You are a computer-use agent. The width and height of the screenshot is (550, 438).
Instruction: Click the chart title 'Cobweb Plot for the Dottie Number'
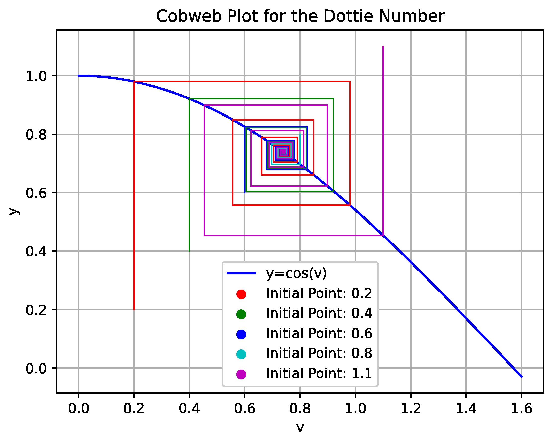click(x=300, y=16)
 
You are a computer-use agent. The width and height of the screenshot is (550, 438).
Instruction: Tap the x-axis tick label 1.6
click(x=521, y=409)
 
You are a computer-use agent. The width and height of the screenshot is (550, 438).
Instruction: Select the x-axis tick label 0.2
click(x=134, y=409)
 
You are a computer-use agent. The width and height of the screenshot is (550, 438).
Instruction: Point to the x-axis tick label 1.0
click(x=355, y=409)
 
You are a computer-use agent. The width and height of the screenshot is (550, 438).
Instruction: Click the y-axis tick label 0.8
click(x=36, y=135)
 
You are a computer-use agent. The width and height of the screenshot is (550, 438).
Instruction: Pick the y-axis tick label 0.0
click(x=36, y=369)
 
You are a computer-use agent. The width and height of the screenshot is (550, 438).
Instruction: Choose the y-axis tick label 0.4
click(x=36, y=252)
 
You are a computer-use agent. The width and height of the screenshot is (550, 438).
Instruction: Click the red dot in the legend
click(x=241, y=294)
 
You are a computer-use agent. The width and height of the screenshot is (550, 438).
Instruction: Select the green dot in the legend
click(x=241, y=314)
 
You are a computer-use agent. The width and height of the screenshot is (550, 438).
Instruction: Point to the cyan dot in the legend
click(x=241, y=354)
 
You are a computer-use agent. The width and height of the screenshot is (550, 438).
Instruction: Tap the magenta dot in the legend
click(x=241, y=374)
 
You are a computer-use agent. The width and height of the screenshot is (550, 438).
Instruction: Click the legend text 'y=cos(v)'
click(x=296, y=273)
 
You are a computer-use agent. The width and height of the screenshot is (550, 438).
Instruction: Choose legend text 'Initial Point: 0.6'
click(x=319, y=334)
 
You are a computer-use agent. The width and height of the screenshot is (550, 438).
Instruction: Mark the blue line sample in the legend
click(x=241, y=273)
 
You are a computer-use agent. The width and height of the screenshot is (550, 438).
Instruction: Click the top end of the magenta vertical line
click(x=383, y=47)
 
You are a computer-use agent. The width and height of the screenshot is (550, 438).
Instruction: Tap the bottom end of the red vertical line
click(x=134, y=309)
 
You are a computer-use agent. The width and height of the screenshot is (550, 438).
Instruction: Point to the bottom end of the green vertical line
click(x=189, y=251)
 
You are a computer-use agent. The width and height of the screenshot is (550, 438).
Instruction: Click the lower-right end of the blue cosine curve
click(x=522, y=377)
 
